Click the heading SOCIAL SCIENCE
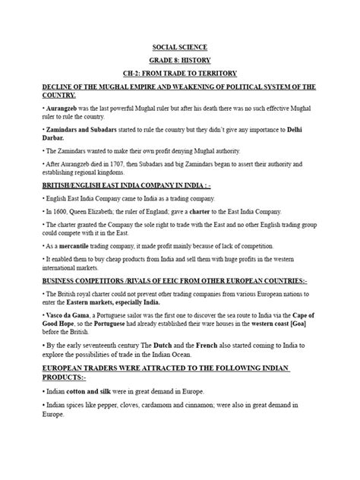click(x=179, y=46)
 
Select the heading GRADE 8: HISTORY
click(x=179, y=59)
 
